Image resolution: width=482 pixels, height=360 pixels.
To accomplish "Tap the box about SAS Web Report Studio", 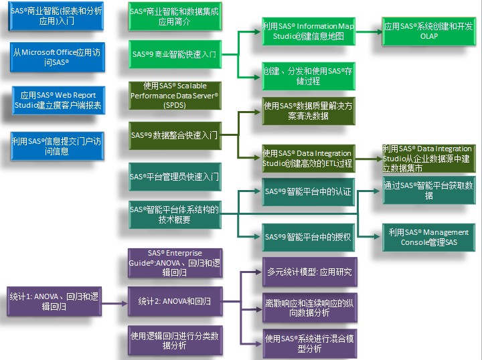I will click(56, 100).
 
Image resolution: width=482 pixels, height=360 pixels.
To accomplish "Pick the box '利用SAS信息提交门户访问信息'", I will click(56, 146).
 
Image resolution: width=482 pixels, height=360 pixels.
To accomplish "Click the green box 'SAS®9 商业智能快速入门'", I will click(174, 54).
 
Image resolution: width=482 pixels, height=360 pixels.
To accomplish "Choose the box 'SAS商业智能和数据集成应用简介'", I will click(174, 17).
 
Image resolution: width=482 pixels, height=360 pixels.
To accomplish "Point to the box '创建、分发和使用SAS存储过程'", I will click(308, 77).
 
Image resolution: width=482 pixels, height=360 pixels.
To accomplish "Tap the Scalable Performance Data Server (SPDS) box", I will click(174, 95).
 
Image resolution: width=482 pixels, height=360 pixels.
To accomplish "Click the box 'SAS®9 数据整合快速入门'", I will click(174, 135).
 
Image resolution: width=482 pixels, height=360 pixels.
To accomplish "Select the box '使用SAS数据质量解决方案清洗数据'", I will click(308, 110).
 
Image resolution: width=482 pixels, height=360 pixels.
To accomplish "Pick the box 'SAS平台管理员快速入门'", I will click(174, 177).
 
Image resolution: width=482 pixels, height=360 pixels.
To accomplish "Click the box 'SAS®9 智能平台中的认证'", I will click(308, 191).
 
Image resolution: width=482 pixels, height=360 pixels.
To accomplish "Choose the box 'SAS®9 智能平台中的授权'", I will click(308, 237).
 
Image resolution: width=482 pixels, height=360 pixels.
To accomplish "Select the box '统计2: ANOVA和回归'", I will click(174, 301).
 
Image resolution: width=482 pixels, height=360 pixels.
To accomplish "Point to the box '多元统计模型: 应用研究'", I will click(308, 272).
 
